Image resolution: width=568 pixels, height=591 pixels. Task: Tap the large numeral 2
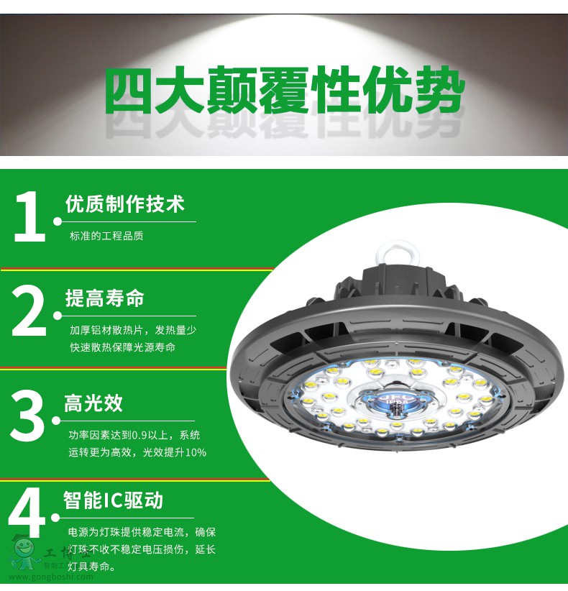click(29, 311)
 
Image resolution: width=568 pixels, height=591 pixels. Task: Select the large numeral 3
click(27, 416)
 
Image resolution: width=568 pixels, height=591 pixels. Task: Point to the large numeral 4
click(26, 512)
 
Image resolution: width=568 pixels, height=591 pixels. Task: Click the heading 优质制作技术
click(125, 204)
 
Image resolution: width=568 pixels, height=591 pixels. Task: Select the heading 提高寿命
click(105, 298)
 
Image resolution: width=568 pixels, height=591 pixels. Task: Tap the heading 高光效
click(93, 403)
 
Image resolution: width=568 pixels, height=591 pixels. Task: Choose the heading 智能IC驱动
click(113, 500)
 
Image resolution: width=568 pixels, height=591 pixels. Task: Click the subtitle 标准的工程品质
click(106, 236)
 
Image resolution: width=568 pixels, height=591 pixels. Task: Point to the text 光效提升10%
click(175, 452)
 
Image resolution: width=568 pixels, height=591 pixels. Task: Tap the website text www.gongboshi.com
click(51, 577)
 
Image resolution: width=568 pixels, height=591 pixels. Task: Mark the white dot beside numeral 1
click(58, 221)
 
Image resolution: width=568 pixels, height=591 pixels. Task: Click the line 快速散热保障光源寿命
click(122, 347)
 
